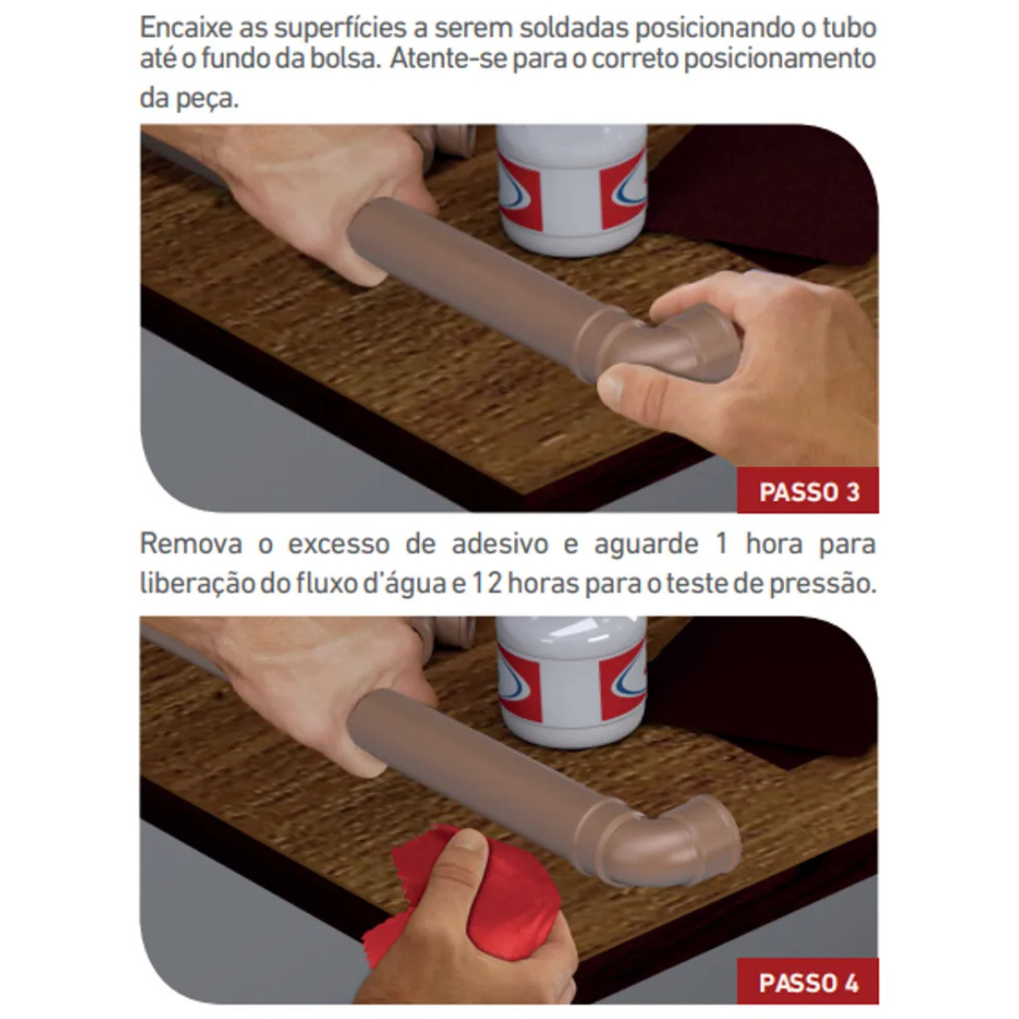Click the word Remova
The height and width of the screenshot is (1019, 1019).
coord(191,543)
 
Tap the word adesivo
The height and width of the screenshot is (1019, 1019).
coord(500,543)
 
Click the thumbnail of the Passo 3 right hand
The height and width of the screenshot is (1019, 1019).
coord(610,388)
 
